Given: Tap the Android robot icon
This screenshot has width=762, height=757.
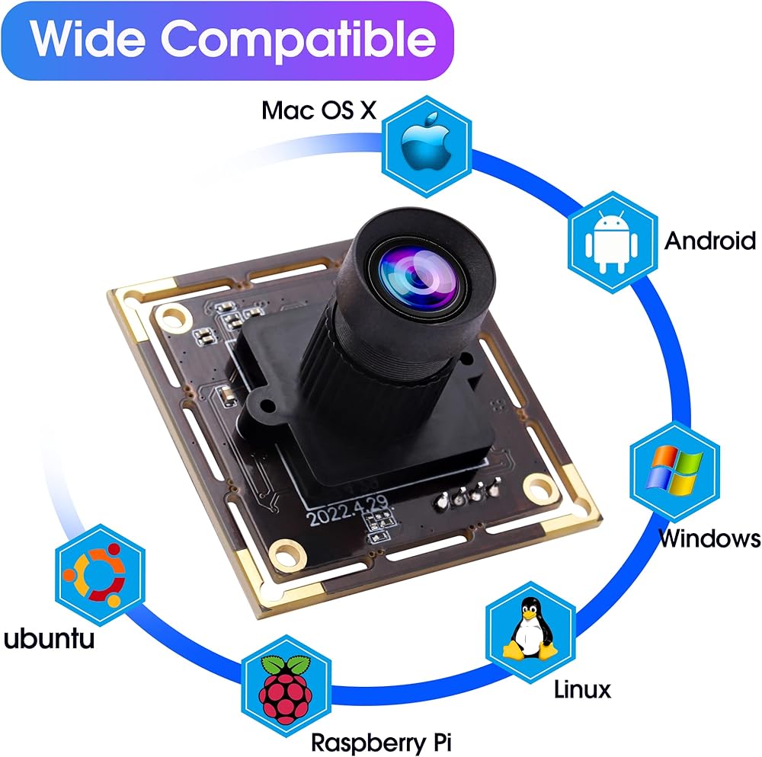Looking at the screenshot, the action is tap(612, 241).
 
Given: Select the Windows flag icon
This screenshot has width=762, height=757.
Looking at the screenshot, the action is tap(674, 467).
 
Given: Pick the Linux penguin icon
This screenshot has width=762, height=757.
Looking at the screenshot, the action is tap(530, 628).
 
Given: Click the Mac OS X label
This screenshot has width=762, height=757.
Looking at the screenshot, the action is tap(319, 110).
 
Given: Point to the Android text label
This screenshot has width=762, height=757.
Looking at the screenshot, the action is tap(709, 241).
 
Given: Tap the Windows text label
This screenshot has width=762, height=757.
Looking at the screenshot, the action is tap(709, 538).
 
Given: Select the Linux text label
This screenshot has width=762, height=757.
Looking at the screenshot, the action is tap(582, 689).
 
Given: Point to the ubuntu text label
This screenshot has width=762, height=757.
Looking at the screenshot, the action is tap(49, 638).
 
